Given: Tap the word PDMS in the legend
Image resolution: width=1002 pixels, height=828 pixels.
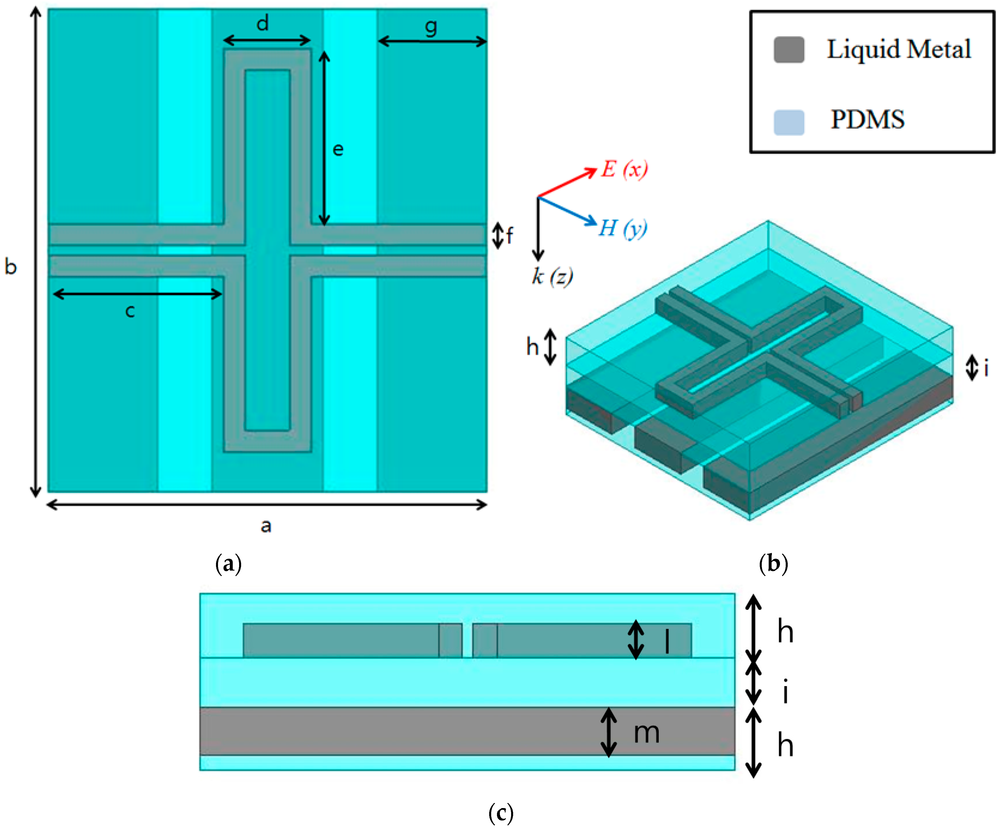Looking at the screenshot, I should [867, 119].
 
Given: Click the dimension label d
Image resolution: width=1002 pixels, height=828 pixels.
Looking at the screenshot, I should [263, 23].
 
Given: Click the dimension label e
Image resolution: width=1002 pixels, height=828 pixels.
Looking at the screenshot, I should [338, 150].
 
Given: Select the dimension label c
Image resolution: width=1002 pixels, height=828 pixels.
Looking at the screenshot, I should [130, 311].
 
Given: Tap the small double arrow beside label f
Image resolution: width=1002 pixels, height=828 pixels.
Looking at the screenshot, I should [498, 235].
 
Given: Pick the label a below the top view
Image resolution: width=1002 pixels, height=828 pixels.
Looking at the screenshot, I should [266, 526].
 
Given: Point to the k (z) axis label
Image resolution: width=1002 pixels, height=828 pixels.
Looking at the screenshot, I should [552, 276].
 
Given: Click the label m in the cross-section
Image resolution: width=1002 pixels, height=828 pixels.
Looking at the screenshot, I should [646, 733].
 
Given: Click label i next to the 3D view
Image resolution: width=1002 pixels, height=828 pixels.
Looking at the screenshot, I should [986, 368].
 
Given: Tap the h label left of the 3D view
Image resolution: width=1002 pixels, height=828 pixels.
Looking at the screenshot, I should [532, 347].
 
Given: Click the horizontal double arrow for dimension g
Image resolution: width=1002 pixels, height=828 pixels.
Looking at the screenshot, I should [432, 42].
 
